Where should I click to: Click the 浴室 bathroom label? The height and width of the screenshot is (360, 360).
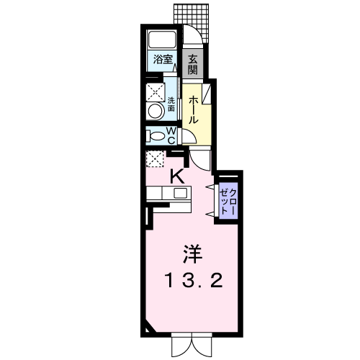point(163,59)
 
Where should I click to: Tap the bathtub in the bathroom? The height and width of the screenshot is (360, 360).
point(162,40)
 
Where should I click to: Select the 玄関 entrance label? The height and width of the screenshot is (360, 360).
point(192,64)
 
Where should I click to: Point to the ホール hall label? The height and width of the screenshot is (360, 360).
point(193,110)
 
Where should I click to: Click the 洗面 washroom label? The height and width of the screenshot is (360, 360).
point(171,104)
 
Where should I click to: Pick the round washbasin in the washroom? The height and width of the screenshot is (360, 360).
point(156,111)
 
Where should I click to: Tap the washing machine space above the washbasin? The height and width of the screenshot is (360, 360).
point(156,92)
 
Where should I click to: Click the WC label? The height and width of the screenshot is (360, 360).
point(171,136)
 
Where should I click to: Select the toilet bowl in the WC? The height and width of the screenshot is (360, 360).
point(156,136)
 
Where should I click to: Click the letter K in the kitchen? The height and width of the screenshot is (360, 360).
point(177,176)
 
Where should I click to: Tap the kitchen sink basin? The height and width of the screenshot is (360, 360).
point(181,193)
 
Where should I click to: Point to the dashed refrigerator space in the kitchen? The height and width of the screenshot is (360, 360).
point(155,158)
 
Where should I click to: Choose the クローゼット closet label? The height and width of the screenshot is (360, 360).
point(228,202)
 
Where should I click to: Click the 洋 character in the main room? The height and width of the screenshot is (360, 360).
point(192,253)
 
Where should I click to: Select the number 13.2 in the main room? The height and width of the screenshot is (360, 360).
point(194,281)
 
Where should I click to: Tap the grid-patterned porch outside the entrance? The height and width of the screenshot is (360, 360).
point(192,20)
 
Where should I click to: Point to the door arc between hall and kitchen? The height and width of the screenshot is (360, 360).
point(196,163)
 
